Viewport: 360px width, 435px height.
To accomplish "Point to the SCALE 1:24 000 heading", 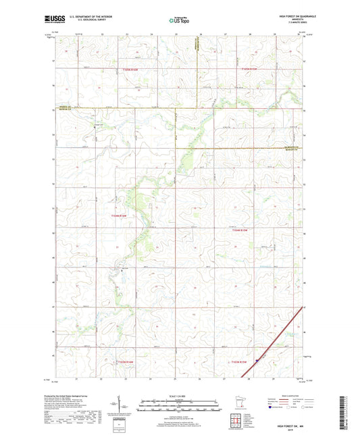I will pyautogui.click(x=180, y=396).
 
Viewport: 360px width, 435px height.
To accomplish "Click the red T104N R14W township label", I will pyautogui.click(x=118, y=215).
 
